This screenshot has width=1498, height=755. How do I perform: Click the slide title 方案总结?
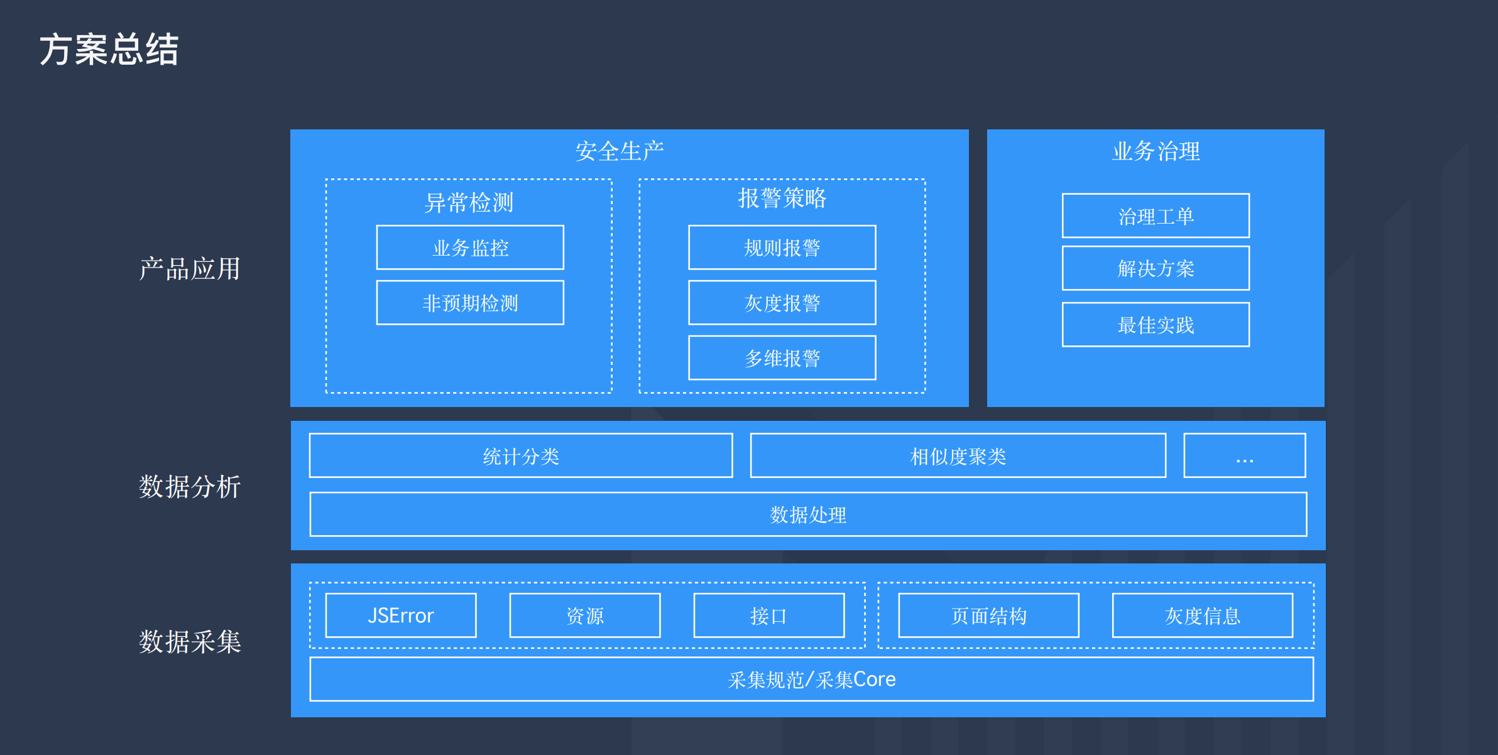click(109, 50)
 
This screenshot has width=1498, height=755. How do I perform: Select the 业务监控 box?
click(470, 247)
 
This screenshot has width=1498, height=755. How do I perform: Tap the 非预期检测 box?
click(470, 303)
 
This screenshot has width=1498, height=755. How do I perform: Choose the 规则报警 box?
click(782, 247)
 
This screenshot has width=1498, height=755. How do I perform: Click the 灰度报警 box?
click(782, 303)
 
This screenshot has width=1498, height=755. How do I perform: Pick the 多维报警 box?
click(782, 358)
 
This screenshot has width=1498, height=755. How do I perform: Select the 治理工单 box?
click(1156, 216)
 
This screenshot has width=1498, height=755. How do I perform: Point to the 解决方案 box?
click(1156, 268)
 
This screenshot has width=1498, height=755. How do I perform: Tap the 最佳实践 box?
click(1156, 325)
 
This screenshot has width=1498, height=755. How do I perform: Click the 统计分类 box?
click(521, 455)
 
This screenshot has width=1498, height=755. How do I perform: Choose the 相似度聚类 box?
click(958, 455)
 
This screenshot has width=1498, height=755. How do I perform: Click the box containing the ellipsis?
click(1245, 455)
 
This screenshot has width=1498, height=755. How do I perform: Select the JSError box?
click(401, 616)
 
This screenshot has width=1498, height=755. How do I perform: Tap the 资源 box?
click(585, 616)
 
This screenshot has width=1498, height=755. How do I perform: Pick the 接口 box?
click(769, 616)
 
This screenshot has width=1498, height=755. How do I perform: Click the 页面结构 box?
click(989, 616)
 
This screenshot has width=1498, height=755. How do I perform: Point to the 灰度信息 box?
click(1203, 616)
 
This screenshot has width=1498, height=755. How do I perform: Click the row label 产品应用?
click(190, 269)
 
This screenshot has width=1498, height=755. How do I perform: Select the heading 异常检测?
click(469, 202)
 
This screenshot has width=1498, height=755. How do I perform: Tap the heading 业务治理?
click(1156, 151)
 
